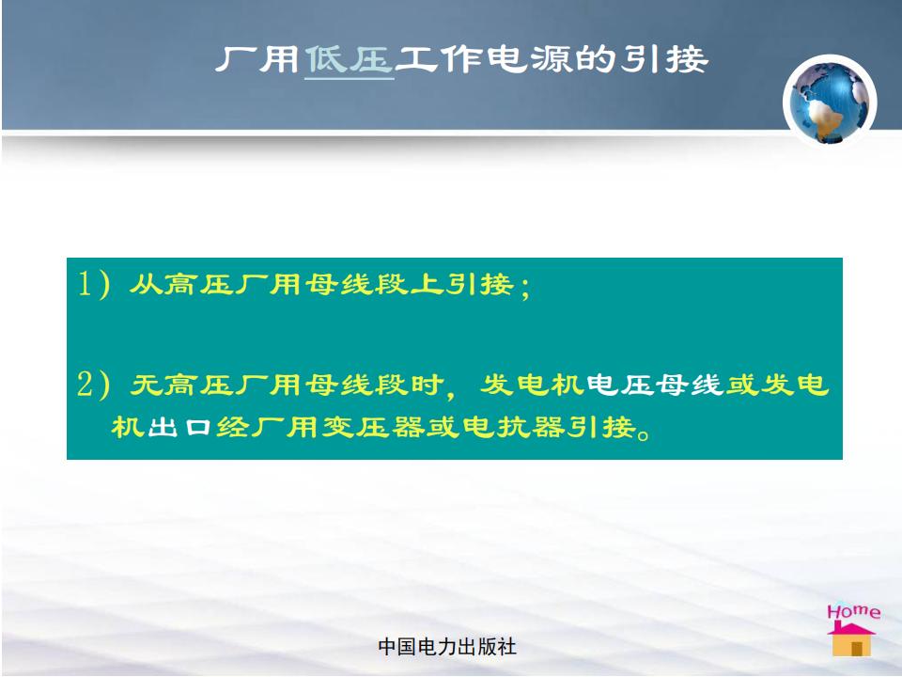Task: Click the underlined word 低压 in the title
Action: click(350, 59)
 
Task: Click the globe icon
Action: click(829, 101)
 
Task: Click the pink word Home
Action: click(854, 611)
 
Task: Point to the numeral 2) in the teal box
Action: click(94, 384)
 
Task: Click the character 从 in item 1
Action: click(146, 284)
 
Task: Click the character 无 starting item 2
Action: click(148, 385)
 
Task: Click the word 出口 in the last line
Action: click(180, 427)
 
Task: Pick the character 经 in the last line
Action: click(233, 427)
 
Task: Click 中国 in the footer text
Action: click(397, 647)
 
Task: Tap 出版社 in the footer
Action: click(488, 647)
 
